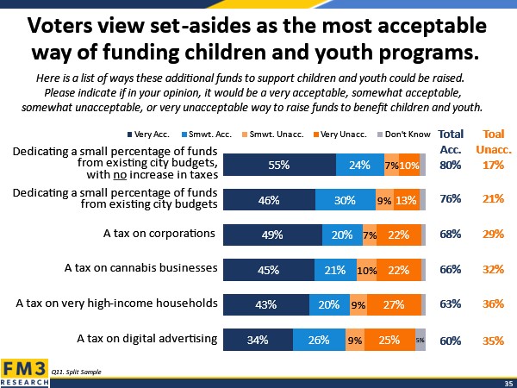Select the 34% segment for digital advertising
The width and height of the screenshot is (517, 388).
(x=257, y=340)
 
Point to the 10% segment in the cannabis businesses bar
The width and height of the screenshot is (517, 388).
(x=365, y=269)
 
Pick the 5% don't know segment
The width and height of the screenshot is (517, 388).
(x=420, y=340)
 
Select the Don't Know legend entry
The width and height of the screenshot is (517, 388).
(x=405, y=135)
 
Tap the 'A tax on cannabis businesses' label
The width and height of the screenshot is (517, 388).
(x=140, y=267)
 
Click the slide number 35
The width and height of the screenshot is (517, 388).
(x=508, y=382)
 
